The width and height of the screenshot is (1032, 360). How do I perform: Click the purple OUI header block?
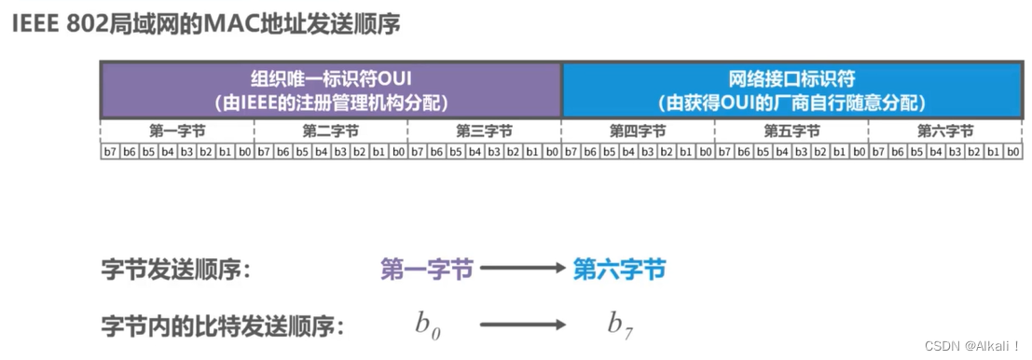(x=331, y=90)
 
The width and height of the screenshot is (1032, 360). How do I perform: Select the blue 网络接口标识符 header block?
(x=791, y=90)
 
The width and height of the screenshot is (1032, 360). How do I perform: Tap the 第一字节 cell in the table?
(x=177, y=132)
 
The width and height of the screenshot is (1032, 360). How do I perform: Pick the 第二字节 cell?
(x=331, y=132)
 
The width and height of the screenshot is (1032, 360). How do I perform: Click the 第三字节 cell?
(x=484, y=132)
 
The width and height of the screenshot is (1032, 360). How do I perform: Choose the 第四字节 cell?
(x=638, y=132)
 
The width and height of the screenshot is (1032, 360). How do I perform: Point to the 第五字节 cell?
(x=791, y=132)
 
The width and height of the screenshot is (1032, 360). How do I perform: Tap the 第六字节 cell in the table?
(x=944, y=132)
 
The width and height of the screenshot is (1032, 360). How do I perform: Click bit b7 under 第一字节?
(x=110, y=151)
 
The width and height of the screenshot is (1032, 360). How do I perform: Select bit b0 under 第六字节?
(x=1012, y=151)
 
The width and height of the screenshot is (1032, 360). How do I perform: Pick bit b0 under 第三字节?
(x=552, y=151)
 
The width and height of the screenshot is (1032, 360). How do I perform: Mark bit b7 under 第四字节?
(x=571, y=151)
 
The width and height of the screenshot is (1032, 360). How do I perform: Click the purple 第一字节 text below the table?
(x=427, y=270)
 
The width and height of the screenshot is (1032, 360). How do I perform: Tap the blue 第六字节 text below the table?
(x=619, y=270)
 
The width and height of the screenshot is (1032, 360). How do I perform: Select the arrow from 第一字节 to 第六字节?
(x=523, y=270)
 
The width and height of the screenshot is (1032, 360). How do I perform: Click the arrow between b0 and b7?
(x=523, y=325)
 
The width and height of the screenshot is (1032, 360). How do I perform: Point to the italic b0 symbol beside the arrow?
(x=428, y=325)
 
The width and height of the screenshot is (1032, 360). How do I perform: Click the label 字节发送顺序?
(x=177, y=270)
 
